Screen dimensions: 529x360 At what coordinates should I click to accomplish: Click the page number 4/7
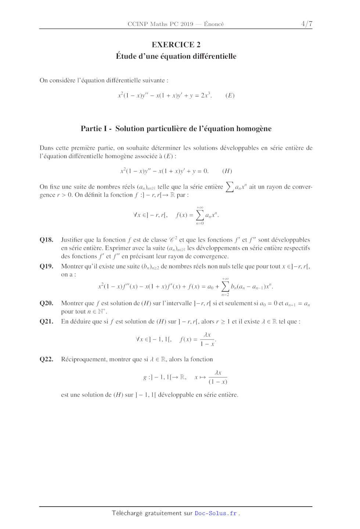(x=307, y=24)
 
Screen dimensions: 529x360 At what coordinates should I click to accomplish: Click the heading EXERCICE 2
(x=176, y=45)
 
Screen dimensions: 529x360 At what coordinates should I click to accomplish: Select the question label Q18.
(x=46, y=240)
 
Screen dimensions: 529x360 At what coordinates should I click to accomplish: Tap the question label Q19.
(x=46, y=266)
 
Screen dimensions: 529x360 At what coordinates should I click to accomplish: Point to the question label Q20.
(x=46, y=303)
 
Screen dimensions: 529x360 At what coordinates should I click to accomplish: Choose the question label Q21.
(x=46, y=322)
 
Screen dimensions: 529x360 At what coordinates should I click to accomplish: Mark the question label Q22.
(x=46, y=359)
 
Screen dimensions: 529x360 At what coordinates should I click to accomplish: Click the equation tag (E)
(x=230, y=95)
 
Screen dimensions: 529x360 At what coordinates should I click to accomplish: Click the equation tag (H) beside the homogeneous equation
(x=227, y=171)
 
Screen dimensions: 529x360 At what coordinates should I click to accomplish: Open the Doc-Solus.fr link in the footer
(x=216, y=513)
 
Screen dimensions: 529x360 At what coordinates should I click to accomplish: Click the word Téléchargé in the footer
(x=127, y=513)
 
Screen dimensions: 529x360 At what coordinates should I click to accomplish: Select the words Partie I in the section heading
(x=94, y=128)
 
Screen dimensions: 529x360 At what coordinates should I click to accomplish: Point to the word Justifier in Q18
(x=72, y=240)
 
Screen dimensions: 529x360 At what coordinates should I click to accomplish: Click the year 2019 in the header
(x=187, y=24)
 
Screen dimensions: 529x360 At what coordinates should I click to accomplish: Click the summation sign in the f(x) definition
(x=199, y=215)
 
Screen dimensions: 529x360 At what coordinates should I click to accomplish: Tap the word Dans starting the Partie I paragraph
(x=46, y=148)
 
